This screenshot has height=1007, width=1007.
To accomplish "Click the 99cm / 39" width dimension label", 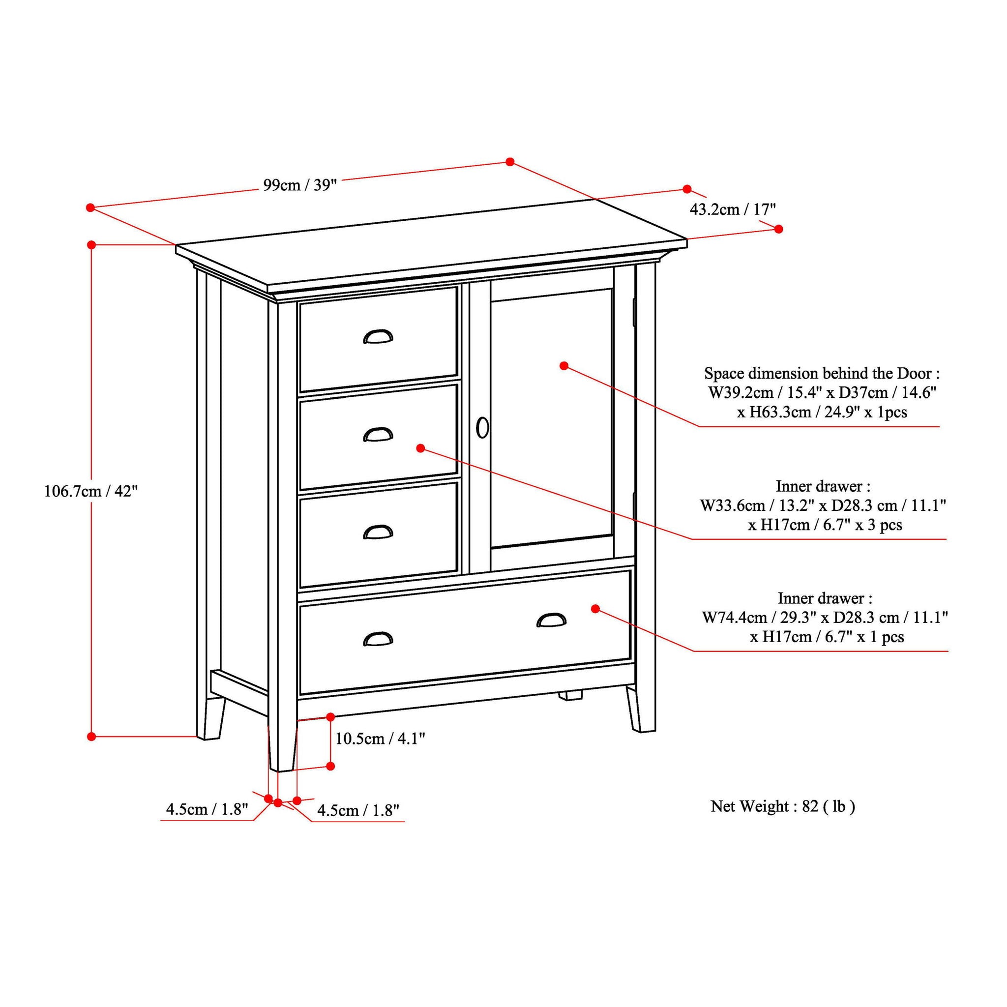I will tap(300, 185).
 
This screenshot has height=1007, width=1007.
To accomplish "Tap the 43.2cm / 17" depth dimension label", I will tap(733, 209).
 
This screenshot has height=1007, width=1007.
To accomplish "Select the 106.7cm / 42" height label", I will tap(91, 491).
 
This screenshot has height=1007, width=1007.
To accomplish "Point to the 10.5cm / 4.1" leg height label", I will tap(380, 739).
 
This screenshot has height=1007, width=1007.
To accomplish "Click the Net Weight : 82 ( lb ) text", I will tap(782, 806).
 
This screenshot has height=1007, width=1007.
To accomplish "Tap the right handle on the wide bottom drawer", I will tap(552, 620).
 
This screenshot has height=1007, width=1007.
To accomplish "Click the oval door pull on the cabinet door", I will tap(483, 427).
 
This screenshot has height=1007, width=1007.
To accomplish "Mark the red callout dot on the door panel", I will tap(563, 366).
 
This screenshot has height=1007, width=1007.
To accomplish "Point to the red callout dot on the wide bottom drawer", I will tap(595, 608).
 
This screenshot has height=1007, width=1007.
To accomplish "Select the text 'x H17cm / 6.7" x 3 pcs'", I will tap(825, 525).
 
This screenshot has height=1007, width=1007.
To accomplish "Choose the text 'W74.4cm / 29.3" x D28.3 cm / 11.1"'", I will tap(825, 618).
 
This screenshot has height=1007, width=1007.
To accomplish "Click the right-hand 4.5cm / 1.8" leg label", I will tap(358, 810).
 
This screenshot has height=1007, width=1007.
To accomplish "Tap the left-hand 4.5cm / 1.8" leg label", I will tap(207, 809).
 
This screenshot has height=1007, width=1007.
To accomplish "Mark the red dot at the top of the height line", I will tap(91, 244).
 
